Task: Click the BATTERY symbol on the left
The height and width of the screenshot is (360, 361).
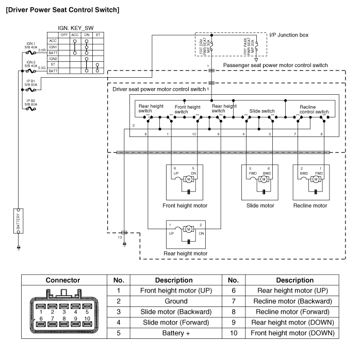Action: (18, 220)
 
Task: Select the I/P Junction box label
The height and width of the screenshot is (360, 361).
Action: (289, 35)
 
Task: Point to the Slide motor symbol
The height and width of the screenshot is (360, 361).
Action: (264, 179)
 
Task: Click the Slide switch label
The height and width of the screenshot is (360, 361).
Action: (262, 111)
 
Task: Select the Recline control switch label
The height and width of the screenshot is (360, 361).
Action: (314, 109)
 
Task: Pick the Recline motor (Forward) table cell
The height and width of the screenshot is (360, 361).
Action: (295, 312)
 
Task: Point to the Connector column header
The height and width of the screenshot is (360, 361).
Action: (63, 280)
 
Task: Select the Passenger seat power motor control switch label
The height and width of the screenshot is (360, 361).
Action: (275, 65)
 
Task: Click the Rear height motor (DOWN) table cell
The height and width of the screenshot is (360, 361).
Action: (295, 322)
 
